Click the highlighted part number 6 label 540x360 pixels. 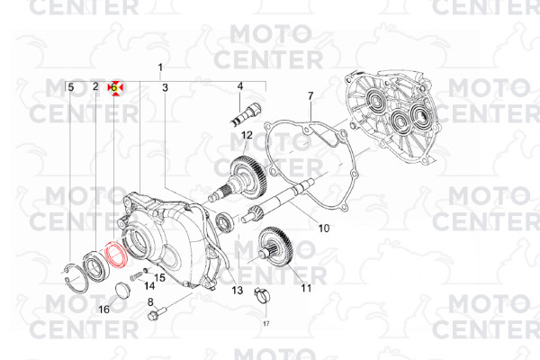114,88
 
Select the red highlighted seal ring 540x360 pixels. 116,256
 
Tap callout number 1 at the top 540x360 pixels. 160,67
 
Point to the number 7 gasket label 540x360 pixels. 310,96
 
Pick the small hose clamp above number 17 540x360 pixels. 262,296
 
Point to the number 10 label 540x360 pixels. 324,228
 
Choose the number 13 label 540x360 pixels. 237,290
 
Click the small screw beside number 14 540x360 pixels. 136,276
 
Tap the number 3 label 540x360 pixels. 165,87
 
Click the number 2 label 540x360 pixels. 95,86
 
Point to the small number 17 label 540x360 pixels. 266,323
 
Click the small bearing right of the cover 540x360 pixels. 224,222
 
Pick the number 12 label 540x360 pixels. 247,135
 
